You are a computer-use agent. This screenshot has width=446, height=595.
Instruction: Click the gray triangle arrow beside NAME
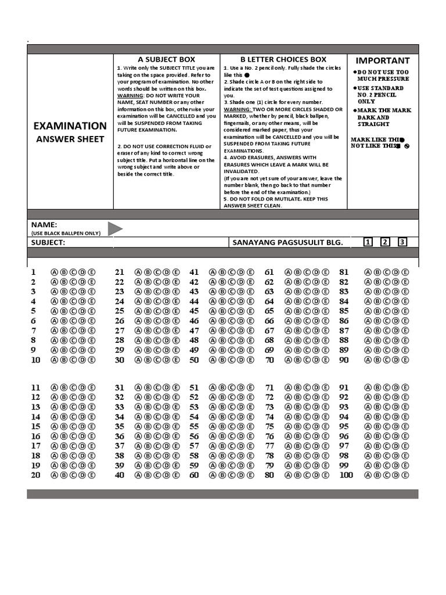click(114, 229)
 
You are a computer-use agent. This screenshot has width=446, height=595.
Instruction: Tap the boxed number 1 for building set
click(368, 242)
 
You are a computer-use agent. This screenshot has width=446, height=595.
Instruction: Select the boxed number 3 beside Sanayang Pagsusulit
click(402, 242)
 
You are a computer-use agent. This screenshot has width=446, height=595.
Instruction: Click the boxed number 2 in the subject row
click(384, 242)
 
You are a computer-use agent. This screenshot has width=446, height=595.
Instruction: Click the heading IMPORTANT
click(382, 60)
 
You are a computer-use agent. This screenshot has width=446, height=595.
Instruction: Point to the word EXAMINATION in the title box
click(70, 126)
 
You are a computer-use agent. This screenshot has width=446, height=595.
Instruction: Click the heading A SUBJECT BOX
click(166, 59)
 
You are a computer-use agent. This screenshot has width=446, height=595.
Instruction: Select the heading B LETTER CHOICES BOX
click(283, 59)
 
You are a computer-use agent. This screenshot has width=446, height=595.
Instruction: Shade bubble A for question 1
click(55, 272)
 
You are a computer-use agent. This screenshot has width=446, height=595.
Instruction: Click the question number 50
click(194, 360)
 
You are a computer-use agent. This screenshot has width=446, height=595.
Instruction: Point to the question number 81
click(344, 272)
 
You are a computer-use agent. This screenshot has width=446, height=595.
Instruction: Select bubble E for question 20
click(92, 475)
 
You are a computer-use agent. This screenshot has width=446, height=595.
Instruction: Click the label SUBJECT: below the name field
click(48, 242)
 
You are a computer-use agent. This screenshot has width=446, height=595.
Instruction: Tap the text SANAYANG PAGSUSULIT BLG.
click(287, 242)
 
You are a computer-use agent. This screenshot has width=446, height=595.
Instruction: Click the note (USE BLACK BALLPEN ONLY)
click(66, 233)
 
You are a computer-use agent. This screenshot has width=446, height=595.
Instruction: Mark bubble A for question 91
click(368, 388)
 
